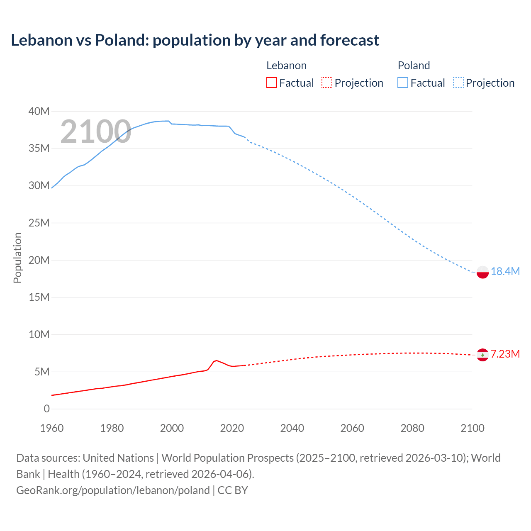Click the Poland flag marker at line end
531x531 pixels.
tap(482, 272)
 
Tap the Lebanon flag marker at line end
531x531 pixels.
tap(482, 355)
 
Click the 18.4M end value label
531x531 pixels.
tap(505, 272)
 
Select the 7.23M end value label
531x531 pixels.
tap(505, 354)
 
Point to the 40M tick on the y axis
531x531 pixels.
tap(39, 111)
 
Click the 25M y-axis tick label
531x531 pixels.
tap(39, 223)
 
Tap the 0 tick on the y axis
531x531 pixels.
tap(46, 409)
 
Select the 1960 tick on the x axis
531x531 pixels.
tap(52, 428)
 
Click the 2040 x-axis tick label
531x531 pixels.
tap(292, 428)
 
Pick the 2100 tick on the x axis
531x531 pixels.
tap(472, 428)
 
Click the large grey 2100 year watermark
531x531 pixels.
tap(96, 132)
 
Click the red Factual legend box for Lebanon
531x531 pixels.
tap(271, 83)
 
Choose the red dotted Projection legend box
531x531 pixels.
tap(327, 83)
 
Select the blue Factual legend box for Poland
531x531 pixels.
tap(403, 83)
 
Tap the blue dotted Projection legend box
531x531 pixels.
tap(458, 83)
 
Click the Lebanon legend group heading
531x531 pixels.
tap(286, 66)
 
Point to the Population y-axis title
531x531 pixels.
tap(17, 258)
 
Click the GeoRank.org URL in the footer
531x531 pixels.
tap(113, 490)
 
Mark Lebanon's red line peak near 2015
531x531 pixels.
tap(216, 360)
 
